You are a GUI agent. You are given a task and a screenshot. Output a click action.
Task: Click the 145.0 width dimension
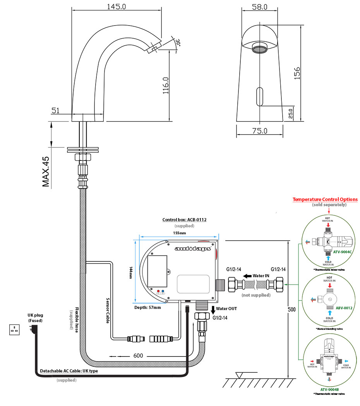click(116, 7)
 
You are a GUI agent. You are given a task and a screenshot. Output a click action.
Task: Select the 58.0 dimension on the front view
click(260, 7)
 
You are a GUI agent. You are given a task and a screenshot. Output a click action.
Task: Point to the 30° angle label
click(178, 42)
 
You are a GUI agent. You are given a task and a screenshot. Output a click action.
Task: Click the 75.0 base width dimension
click(260, 131)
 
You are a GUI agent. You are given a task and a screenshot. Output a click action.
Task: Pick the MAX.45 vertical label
click(46, 172)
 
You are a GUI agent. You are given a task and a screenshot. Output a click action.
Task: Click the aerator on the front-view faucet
click(259, 48)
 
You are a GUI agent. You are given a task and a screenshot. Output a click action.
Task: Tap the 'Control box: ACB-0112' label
click(184, 220)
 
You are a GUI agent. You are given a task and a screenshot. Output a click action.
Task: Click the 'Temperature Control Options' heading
click(325, 200)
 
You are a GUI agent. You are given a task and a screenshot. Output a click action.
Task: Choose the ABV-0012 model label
click(344, 308)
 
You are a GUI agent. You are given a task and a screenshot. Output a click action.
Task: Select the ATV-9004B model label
click(329, 390)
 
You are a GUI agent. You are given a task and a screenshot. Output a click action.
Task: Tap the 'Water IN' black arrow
click(246, 276)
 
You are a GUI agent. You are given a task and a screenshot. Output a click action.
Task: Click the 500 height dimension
click(293, 309)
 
